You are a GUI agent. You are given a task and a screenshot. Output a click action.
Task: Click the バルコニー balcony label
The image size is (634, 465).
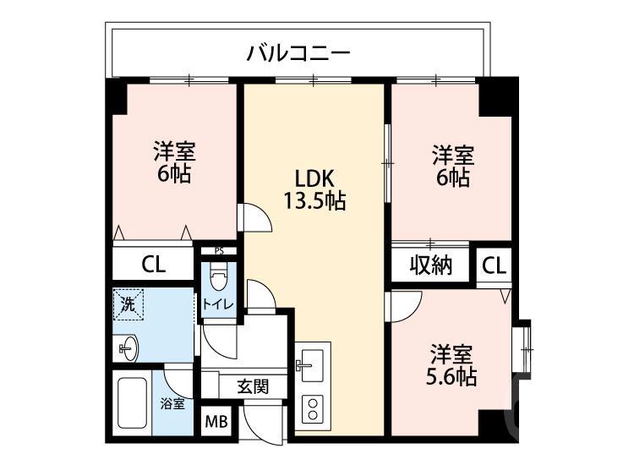pyautogui.click(x=298, y=54)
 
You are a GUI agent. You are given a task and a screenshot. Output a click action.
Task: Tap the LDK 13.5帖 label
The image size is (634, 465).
pyautogui.click(x=315, y=189)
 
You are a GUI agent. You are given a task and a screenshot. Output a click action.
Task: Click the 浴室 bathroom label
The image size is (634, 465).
pyautogui.click(x=173, y=403)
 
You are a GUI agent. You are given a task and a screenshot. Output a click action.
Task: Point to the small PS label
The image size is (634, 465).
pyautogui.click(x=219, y=250)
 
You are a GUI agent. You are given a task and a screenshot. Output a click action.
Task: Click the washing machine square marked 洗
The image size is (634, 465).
pyautogui.click(x=128, y=304)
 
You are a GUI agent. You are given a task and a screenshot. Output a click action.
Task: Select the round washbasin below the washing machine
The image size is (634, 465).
pyautogui.click(x=127, y=346)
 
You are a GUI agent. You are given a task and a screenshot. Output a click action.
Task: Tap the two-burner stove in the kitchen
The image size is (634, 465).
pyautogui.click(x=311, y=409)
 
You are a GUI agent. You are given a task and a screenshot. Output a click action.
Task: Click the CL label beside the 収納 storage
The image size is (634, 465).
pyautogui.click(x=494, y=265)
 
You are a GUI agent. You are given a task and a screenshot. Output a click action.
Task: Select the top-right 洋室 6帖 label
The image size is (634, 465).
pyautogui.click(x=453, y=166)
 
